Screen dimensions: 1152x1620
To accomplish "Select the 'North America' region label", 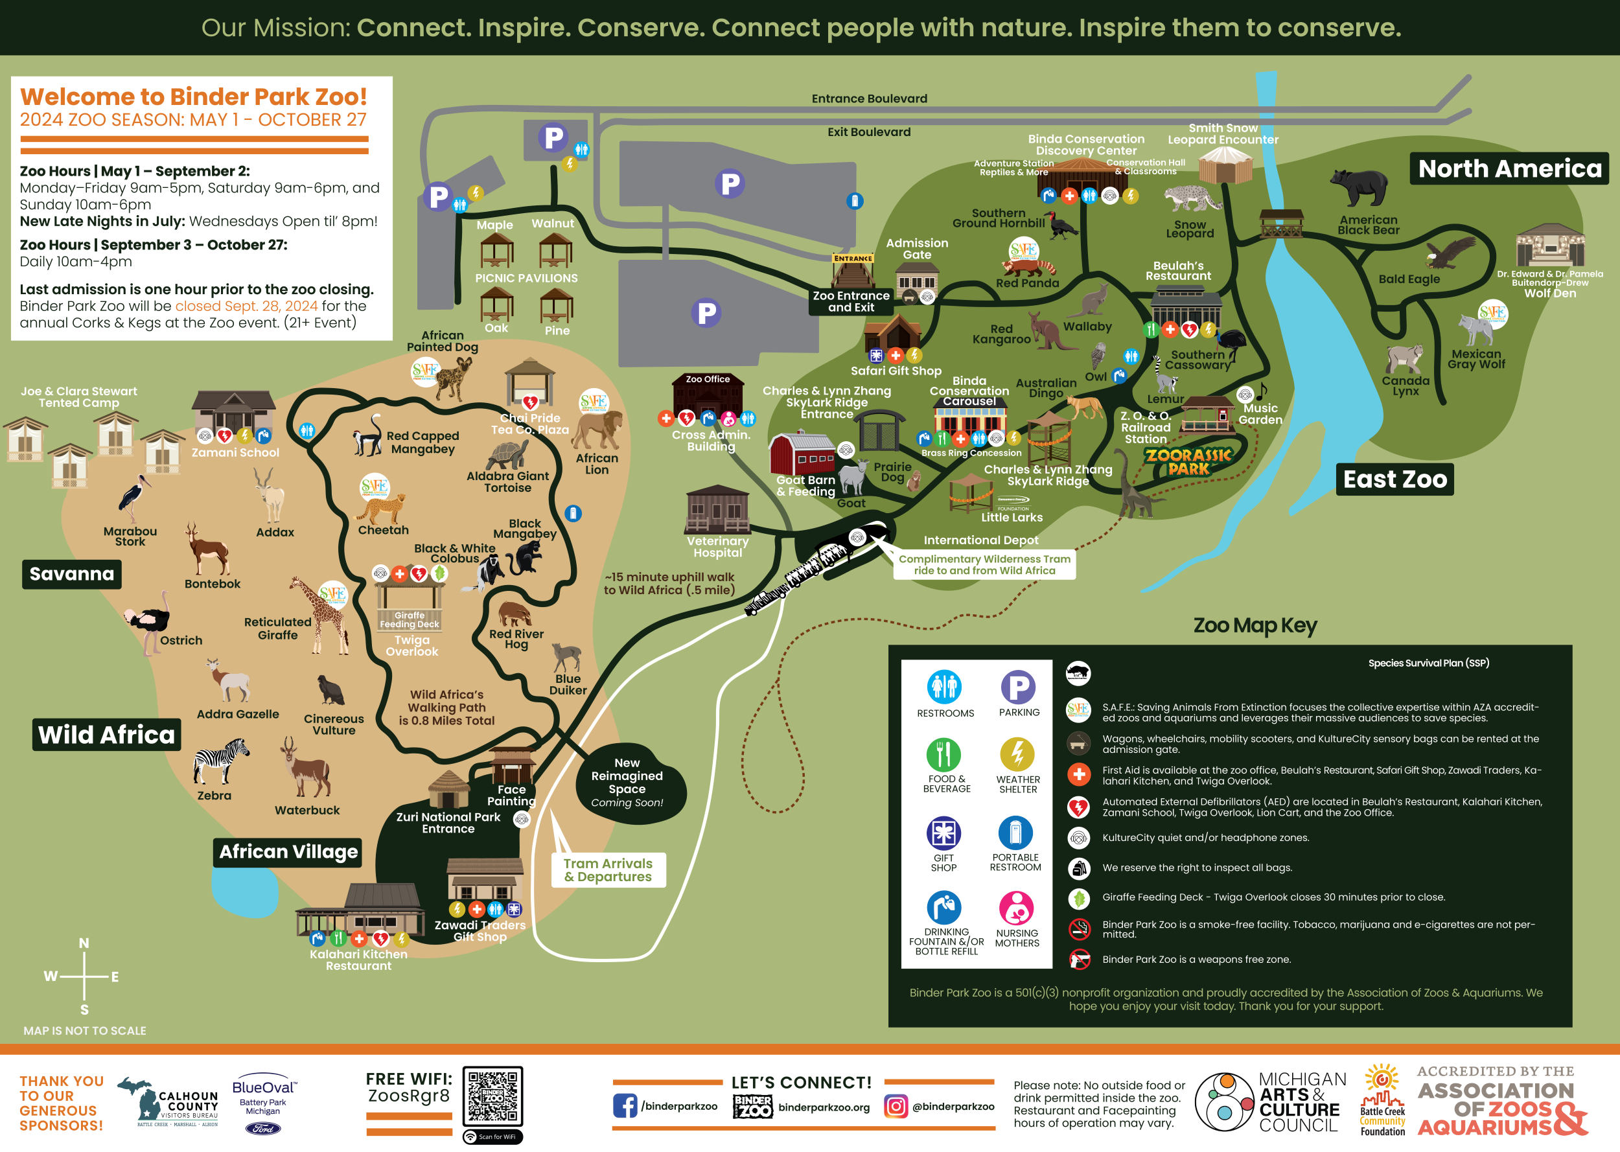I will [1509, 169].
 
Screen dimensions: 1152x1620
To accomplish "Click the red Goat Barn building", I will [803, 454].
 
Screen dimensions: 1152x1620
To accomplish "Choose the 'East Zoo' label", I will [1394, 479].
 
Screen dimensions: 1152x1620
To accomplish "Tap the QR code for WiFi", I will [493, 1097].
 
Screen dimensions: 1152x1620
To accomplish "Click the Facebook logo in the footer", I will [625, 1106].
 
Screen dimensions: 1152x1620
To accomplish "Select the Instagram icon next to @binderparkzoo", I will [895, 1106].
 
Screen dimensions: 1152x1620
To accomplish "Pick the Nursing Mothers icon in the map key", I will [1017, 908].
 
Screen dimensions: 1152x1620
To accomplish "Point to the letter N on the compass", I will [84, 943].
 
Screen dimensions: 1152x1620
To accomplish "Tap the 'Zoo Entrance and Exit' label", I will [850, 301].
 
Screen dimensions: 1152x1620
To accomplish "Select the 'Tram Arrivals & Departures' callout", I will [608, 870].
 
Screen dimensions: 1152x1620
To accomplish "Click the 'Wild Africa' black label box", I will [106, 735].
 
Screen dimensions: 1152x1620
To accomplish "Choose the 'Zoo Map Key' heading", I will [1255, 626].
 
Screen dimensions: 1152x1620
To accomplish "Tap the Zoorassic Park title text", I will [1189, 462].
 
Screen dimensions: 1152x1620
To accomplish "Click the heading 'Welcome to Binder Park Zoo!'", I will [193, 97].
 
